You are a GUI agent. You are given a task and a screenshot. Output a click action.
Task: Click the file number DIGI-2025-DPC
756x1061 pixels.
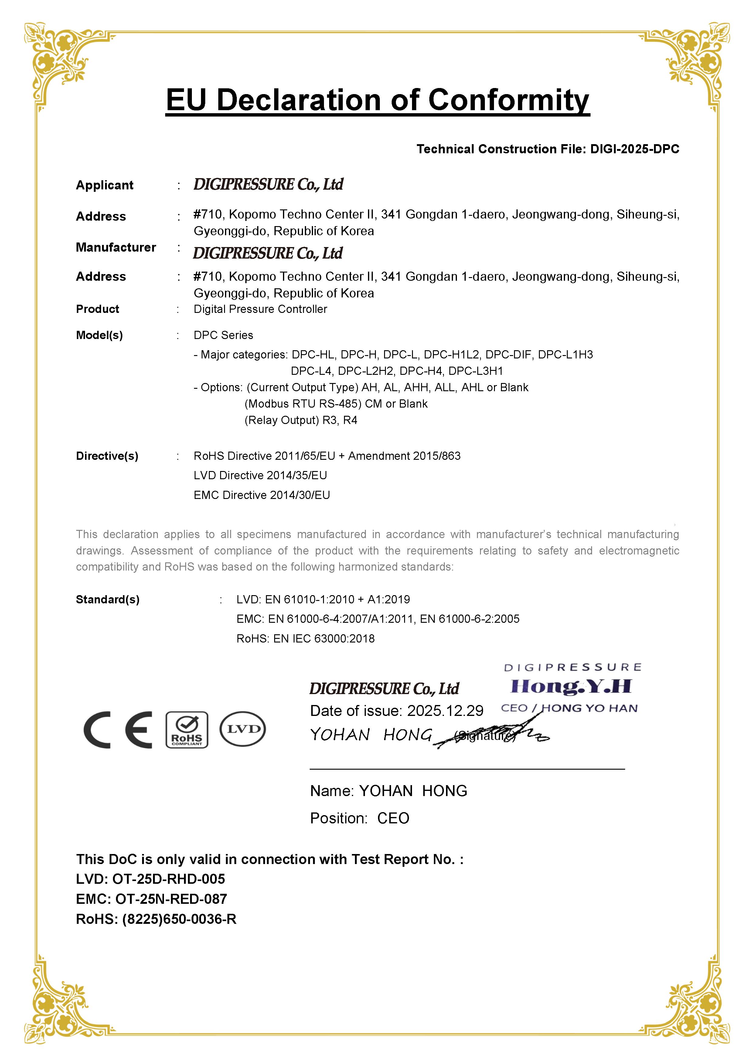pos(635,149)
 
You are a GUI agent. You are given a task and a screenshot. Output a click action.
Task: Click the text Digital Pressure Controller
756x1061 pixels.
pos(260,309)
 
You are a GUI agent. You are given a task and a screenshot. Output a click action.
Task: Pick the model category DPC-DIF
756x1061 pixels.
pos(508,354)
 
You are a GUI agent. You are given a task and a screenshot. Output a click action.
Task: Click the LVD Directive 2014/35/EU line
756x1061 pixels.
pos(260,475)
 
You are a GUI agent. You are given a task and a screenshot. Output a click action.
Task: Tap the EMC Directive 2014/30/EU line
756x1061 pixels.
pos(262,495)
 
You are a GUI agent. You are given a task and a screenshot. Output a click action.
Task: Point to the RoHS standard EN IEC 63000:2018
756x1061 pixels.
pos(324,639)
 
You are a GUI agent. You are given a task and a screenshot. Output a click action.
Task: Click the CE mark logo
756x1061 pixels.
pos(118,729)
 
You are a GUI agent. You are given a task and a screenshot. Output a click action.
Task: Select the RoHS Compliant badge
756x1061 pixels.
pos(187,729)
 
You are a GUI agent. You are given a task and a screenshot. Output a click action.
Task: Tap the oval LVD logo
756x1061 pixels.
pos(243,729)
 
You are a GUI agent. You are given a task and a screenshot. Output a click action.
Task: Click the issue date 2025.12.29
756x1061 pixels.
pos(445,710)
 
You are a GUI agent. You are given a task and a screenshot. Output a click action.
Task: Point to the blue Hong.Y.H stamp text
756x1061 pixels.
pos(571,686)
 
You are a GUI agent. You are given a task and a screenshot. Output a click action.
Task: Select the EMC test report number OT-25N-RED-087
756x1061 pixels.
pos(171,899)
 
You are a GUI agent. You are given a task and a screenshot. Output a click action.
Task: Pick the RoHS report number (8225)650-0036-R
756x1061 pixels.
pos(179,919)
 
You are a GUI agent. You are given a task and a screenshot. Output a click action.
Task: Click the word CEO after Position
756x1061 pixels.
pos(393,818)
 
